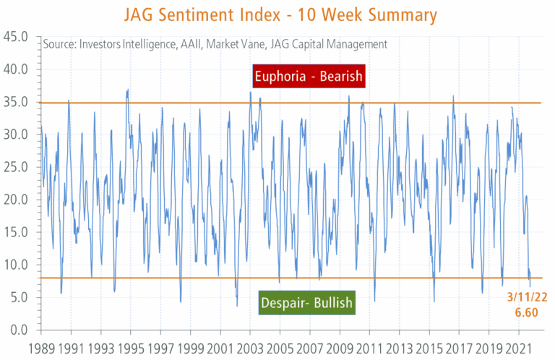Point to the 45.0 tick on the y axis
[x=16, y=37]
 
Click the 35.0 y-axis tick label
[x=16, y=102]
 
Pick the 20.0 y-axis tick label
[x=16, y=200]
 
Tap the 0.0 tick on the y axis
[x=20, y=330]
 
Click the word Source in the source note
[x=59, y=45]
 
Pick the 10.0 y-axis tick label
[x=16, y=265]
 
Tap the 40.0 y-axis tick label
[x=16, y=69]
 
